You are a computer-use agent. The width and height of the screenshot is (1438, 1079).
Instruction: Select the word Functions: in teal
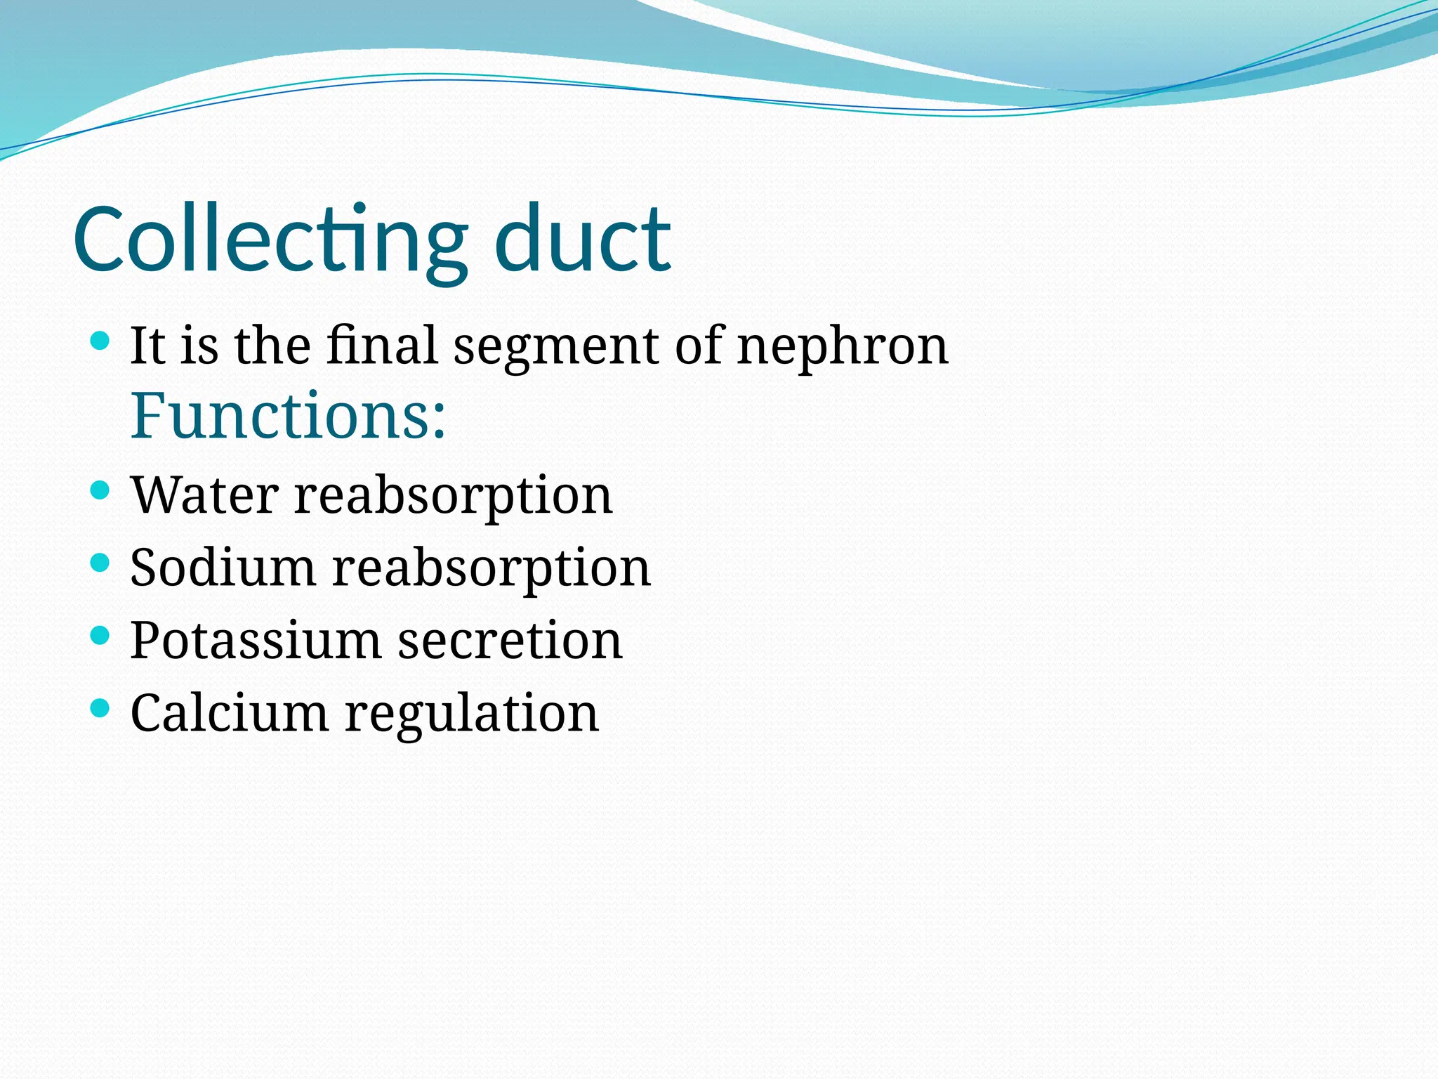point(288,415)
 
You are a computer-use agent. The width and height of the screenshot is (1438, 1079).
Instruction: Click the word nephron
point(843,347)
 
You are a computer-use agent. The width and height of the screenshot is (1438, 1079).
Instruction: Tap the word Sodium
point(223,567)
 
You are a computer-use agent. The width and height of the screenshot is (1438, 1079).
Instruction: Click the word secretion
point(510,641)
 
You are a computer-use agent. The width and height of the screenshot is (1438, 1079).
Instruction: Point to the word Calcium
point(229,713)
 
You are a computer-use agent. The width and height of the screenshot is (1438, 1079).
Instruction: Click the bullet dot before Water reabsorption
point(101,490)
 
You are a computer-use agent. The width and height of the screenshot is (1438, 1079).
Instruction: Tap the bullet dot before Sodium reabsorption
point(101,562)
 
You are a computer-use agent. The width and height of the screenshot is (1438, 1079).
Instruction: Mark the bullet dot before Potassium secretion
point(101,636)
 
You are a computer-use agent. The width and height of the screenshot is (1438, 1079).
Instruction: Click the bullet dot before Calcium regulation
point(101,708)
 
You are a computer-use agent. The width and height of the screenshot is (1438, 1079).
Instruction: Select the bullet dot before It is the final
point(101,341)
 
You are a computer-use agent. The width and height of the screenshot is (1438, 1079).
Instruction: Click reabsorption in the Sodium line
point(491,568)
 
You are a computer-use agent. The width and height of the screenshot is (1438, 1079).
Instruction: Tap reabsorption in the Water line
point(453,496)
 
